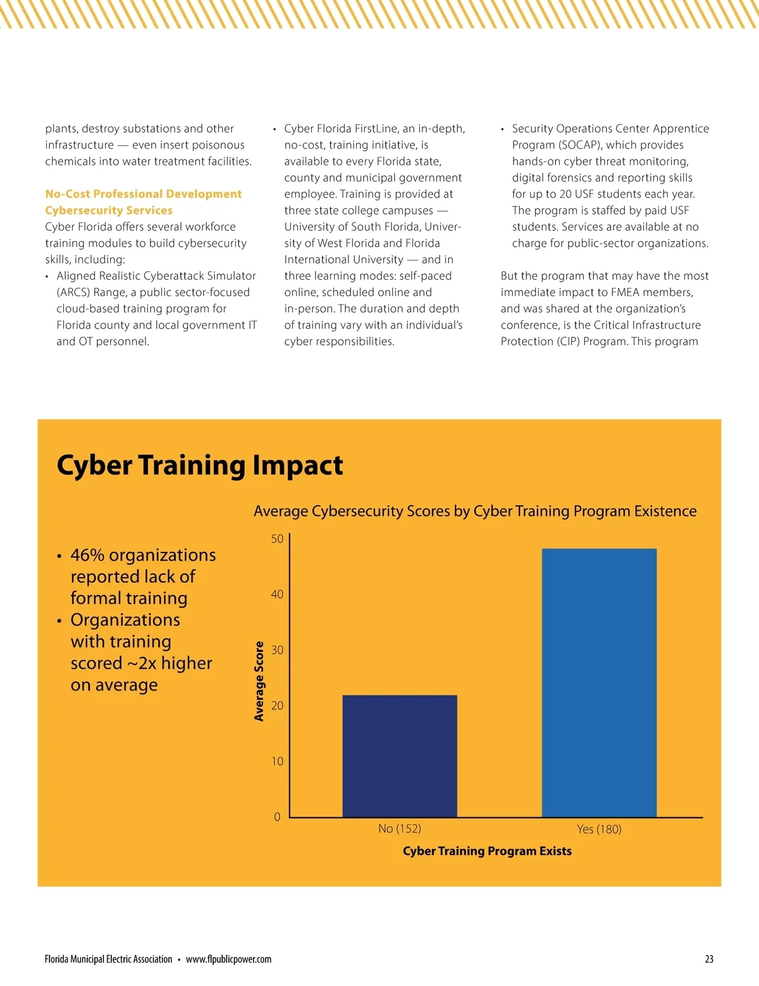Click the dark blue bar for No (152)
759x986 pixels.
pos(399,756)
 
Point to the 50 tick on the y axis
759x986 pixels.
pos(277,539)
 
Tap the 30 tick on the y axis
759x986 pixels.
pos(277,650)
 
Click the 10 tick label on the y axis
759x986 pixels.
pos(277,761)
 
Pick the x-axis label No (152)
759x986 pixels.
pos(399,828)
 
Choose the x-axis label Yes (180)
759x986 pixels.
pos(599,829)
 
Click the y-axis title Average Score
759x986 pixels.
pos(259,681)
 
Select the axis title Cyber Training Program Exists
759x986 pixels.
pos(487,851)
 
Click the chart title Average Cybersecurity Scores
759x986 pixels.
pos(474,511)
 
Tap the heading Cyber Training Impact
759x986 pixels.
pos(199,465)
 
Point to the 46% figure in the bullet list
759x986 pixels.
pos(87,555)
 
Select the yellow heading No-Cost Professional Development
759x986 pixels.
pos(143,194)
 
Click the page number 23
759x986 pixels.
pos(709,959)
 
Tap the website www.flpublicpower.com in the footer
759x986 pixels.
pos(228,959)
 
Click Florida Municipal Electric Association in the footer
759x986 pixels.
pos(108,959)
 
